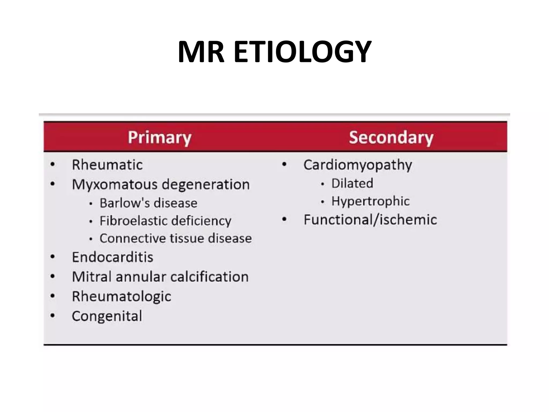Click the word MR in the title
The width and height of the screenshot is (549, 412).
tap(201, 51)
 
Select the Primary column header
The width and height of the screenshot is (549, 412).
tap(159, 137)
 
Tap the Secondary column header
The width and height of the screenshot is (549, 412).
tap(391, 137)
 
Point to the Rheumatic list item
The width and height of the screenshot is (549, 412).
tap(107, 164)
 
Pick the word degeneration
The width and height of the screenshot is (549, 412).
tap(206, 184)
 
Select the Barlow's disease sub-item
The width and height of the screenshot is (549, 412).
tap(149, 203)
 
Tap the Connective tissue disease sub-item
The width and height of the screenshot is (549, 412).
tap(176, 238)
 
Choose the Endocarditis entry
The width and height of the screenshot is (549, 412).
tap(113, 257)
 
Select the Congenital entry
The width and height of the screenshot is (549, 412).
tap(107, 316)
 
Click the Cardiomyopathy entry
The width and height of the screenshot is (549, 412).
tap(358, 165)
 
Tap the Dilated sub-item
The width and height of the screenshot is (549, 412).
tap(352, 183)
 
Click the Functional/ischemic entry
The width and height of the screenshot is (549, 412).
tap(370, 220)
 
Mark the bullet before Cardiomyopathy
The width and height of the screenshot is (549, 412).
tap(284, 164)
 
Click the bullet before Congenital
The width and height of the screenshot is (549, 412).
tap(53, 315)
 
